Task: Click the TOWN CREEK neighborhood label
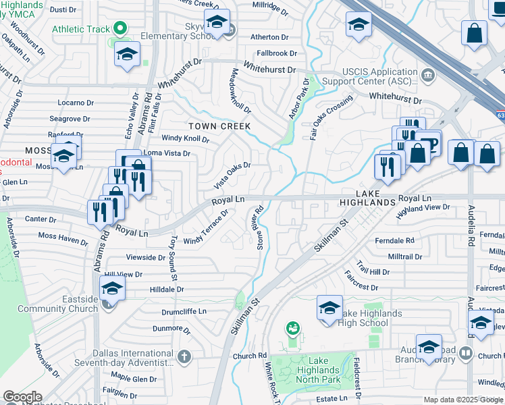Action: pyautogui.click(x=219, y=126)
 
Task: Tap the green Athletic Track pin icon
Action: pyautogui.click(x=121, y=28)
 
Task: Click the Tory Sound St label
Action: pyautogui.click(x=174, y=258)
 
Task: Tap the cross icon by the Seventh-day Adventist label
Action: pyautogui.click(x=183, y=355)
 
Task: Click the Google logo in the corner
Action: pyautogui.click(x=22, y=397)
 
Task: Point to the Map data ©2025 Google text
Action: pyautogui.click(x=462, y=400)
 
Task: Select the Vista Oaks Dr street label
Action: pyautogui.click(x=232, y=175)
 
